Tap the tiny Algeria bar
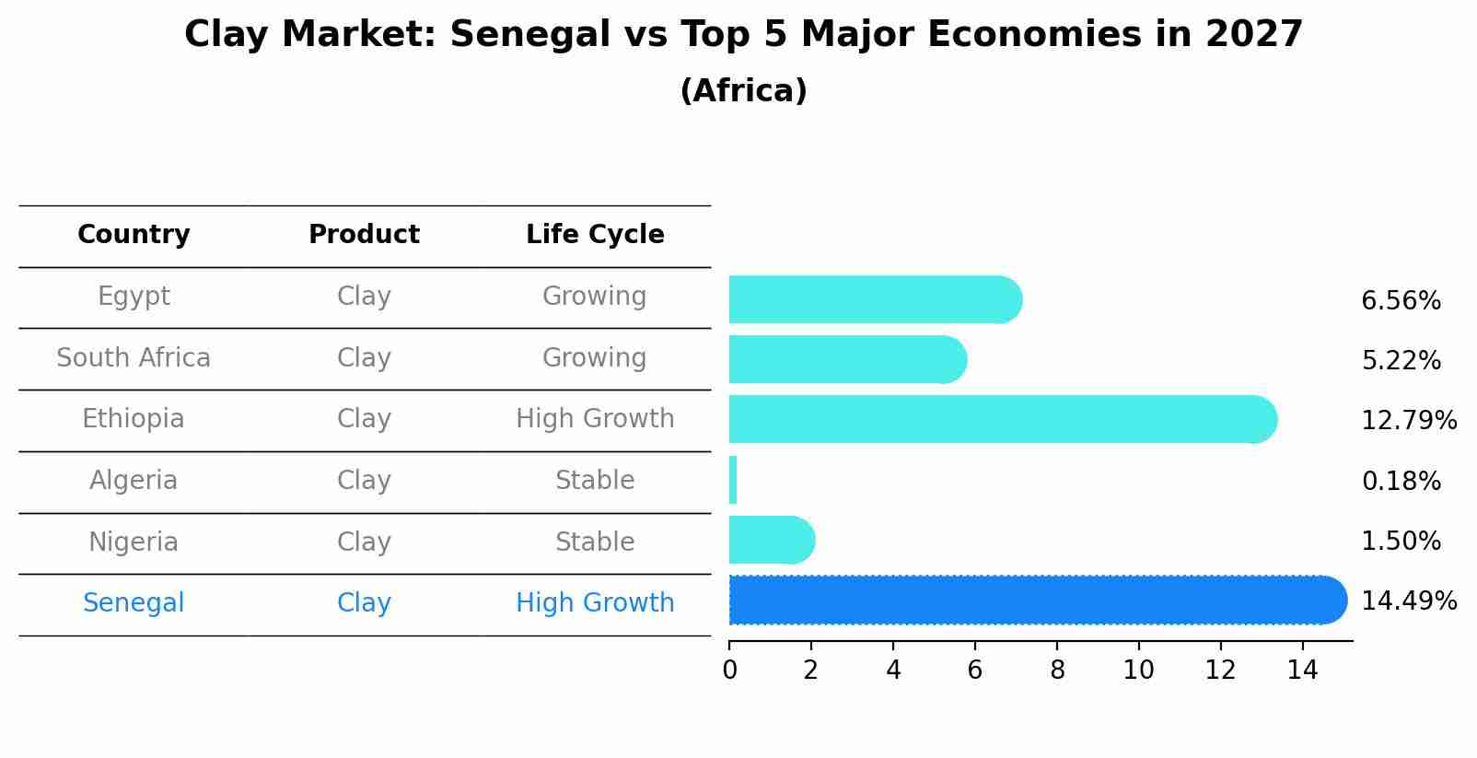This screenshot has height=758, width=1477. point(733,480)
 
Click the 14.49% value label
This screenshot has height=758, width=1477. point(1408,601)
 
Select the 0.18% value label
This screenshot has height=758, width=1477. point(1400,481)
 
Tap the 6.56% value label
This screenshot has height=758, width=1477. point(1400,301)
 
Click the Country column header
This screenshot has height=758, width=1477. point(134,235)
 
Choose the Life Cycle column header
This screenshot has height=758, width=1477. point(595,235)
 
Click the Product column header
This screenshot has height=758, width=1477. point(364,235)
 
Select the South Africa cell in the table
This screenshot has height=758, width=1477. point(134,357)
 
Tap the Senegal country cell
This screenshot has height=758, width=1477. point(134,603)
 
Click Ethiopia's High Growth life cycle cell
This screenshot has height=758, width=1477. point(595,419)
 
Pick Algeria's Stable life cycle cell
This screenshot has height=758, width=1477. point(595,481)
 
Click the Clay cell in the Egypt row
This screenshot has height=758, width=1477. point(364,297)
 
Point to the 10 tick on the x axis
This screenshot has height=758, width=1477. point(1138,671)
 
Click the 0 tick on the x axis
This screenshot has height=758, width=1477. point(729,671)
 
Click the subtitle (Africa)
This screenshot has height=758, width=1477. point(743,91)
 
